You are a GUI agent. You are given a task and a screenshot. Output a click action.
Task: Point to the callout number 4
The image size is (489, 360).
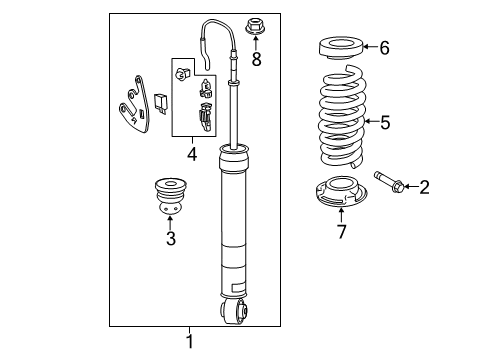coord(192,154)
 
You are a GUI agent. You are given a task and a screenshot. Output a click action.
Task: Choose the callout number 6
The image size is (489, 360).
coord(384,46)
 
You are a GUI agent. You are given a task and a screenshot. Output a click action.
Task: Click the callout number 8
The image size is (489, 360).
coord(256,60)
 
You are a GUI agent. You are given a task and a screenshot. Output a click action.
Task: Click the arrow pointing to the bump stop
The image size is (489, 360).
coord(170,221)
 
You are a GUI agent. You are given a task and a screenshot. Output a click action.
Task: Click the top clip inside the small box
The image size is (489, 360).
coord(183,75)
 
